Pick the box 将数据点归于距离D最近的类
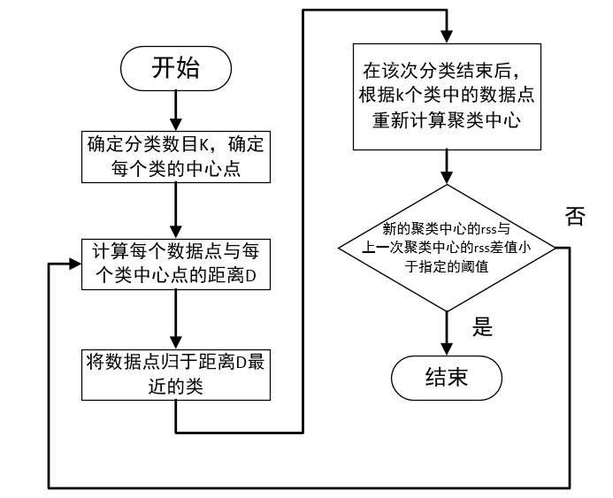pos(177,374)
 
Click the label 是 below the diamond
pos(482,327)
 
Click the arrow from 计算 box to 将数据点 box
pos(178,320)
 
